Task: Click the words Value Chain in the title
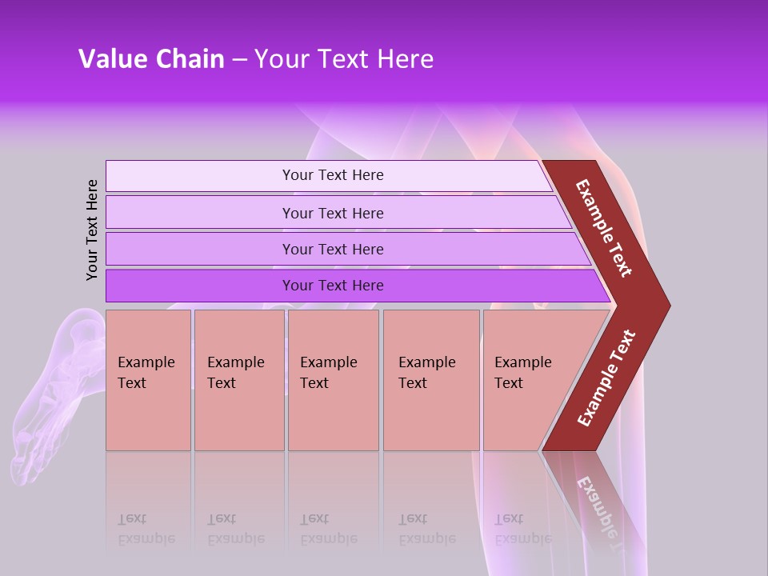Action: (x=151, y=59)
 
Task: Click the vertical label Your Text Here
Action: (x=92, y=230)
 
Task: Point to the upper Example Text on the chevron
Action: (x=604, y=228)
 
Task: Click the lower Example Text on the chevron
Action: (x=606, y=378)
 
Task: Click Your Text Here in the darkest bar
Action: (x=333, y=286)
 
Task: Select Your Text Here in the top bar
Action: (x=333, y=175)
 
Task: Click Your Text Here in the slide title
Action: (x=344, y=59)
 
